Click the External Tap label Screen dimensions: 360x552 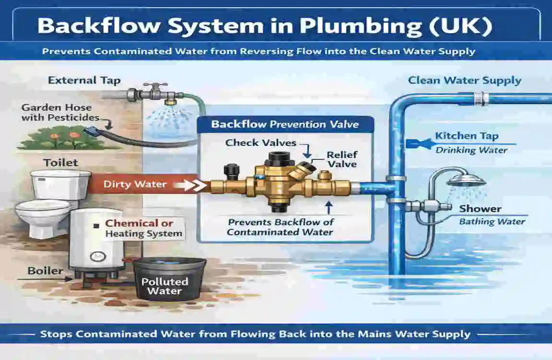(x=84, y=80)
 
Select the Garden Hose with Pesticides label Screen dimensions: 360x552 (x=60, y=113)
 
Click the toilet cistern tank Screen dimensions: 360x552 (x=60, y=185)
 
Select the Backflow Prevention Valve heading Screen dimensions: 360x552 (x=285, y=124)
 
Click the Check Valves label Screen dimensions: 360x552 (x=261, y=143)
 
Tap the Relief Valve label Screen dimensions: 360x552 (x=342, y=159)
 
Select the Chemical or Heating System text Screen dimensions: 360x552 (x=144, y=228)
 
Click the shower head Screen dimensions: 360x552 (x=461, y=180)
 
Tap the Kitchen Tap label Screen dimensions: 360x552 (x=467, y=136)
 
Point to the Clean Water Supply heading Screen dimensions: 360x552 (x=464, y=80)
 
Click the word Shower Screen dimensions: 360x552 (x=480, y=209)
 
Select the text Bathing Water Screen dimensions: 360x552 (x=492, y=222)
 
